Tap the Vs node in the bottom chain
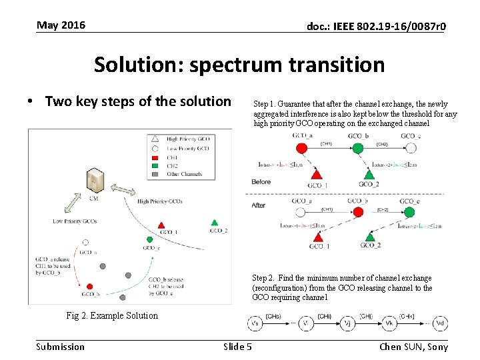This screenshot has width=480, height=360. (x=254, y=323)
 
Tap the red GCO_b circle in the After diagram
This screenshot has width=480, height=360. (x=358, y=211)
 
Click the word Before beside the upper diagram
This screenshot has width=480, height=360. (x=261, y=181)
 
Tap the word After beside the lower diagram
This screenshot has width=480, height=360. (x=259, y=205)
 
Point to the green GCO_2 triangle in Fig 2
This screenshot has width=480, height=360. (x=214, y=223)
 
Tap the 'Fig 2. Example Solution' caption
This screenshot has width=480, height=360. (x=112, y=316)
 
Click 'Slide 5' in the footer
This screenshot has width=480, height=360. (x=237, y=346)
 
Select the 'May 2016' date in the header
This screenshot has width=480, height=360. (x=61, y=25)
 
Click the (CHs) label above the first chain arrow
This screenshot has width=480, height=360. (x=273, y=316)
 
